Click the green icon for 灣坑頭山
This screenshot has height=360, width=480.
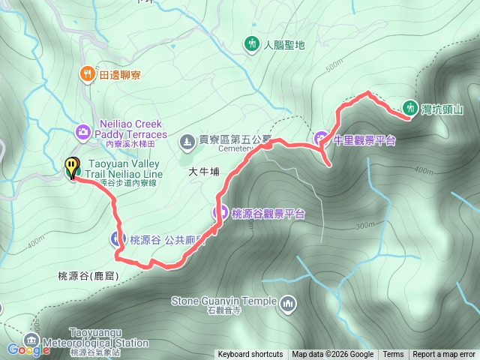410,107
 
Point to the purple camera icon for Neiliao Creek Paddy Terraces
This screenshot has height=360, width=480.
83,132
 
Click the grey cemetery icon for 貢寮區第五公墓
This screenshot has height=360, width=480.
186,140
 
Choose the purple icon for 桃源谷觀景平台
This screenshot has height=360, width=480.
219,213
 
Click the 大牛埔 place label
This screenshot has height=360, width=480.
204,172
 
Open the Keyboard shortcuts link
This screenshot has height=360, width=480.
250,355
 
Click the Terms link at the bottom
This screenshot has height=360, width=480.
393,355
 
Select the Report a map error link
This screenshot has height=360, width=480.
444,355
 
